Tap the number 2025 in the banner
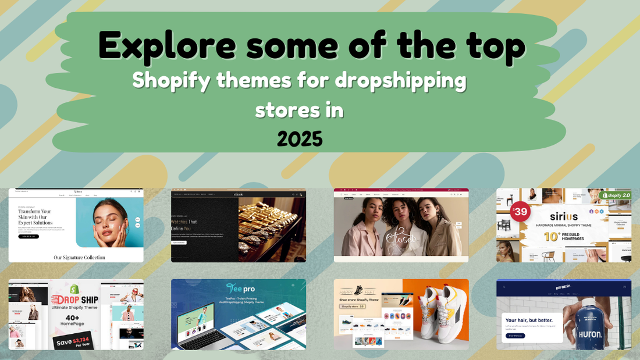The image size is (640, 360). (x=300, y=138)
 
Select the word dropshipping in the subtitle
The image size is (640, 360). (x=400, y=80)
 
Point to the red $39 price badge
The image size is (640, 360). (x=520, y=212)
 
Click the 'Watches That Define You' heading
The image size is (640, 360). (x=184, y=225)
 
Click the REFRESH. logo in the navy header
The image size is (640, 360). (x=563, y=286)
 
